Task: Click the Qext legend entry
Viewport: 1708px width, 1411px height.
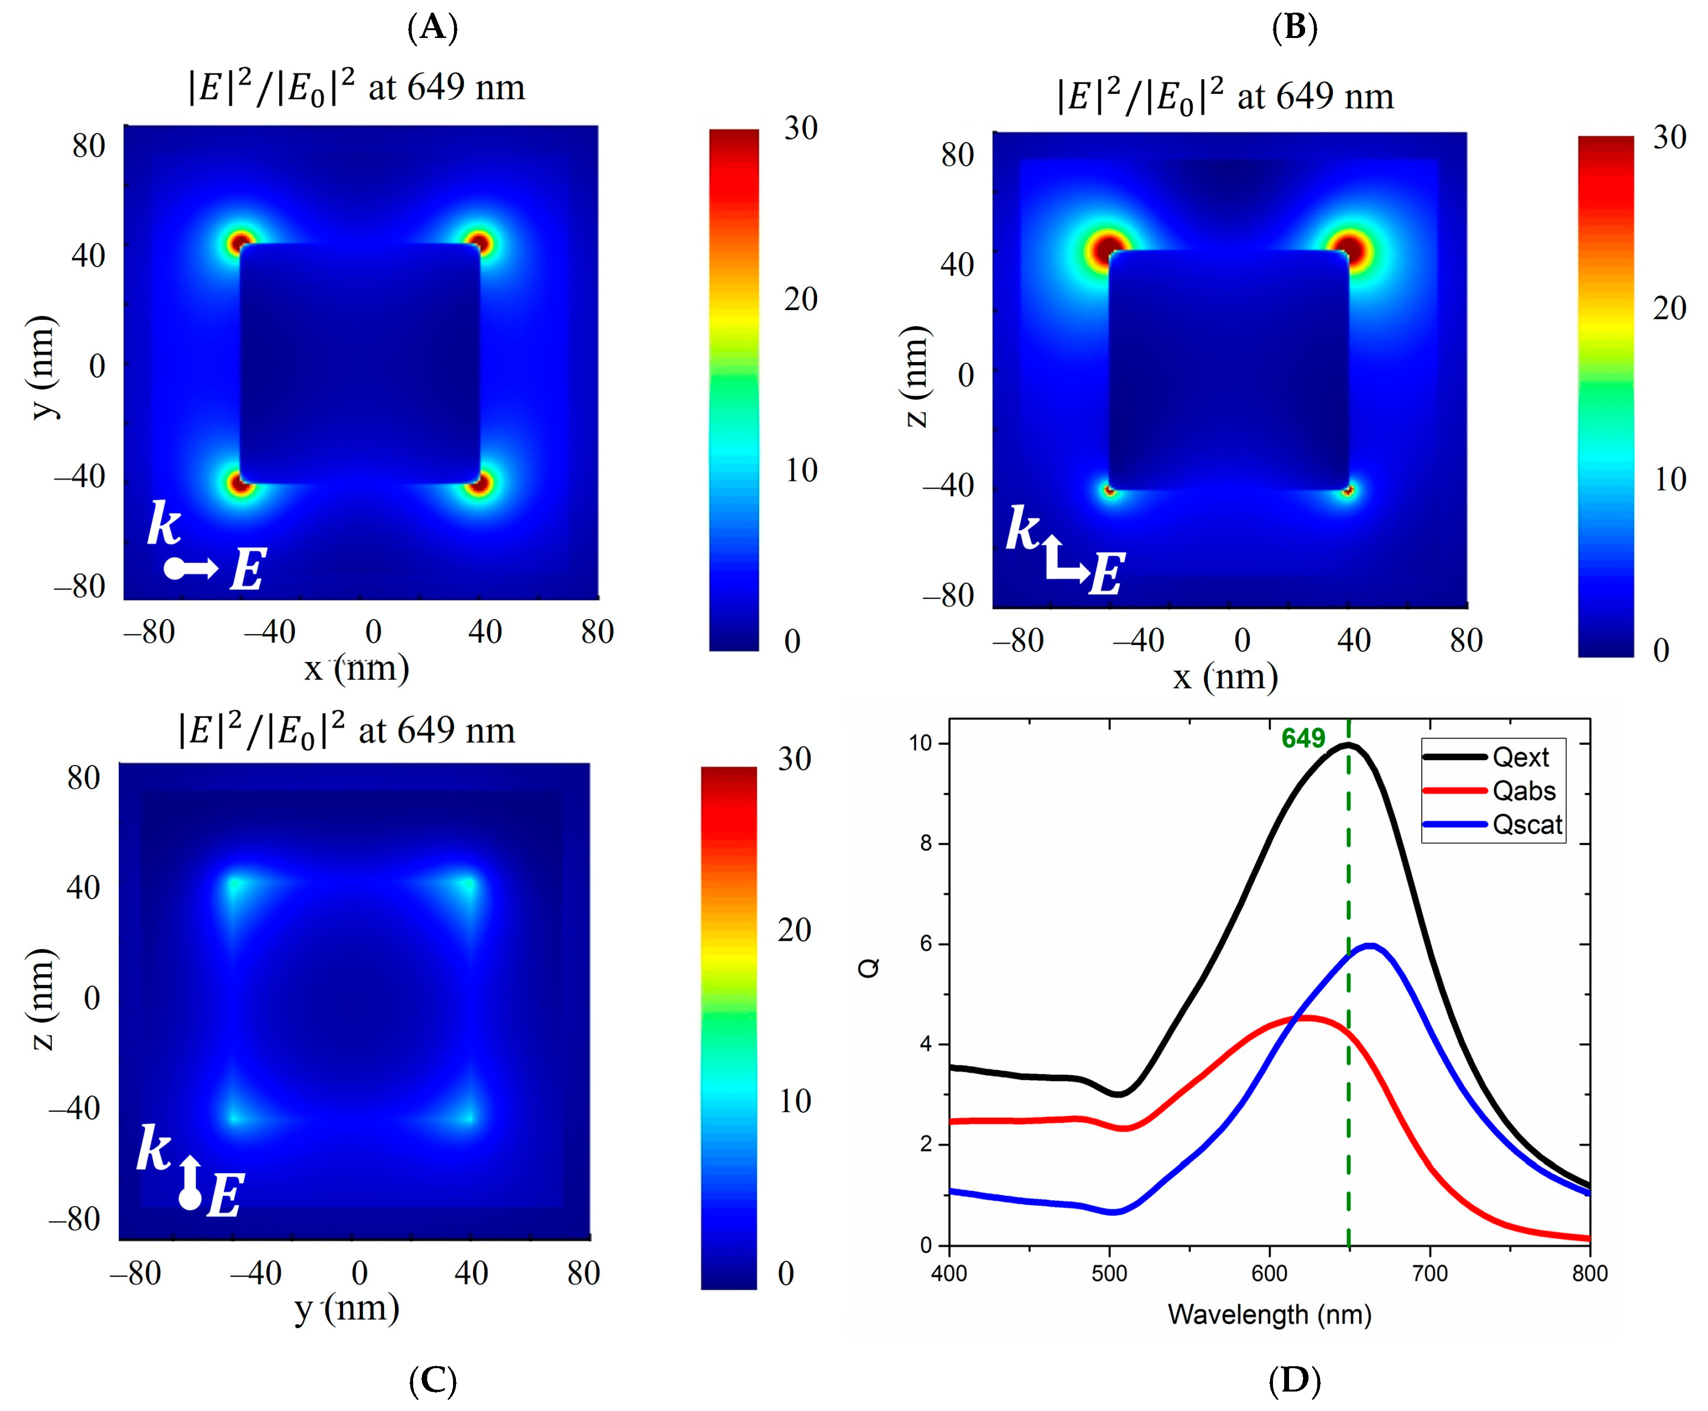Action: (1520, 757)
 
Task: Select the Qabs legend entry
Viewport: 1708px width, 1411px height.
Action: (1523, 791)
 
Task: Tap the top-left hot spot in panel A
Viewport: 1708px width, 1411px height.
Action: (240, 242)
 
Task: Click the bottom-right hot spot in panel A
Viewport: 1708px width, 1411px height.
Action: (479, 484)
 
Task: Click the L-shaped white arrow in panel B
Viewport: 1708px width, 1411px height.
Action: (1063, 559)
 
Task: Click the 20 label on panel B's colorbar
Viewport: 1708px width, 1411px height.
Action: (1669, 308)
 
